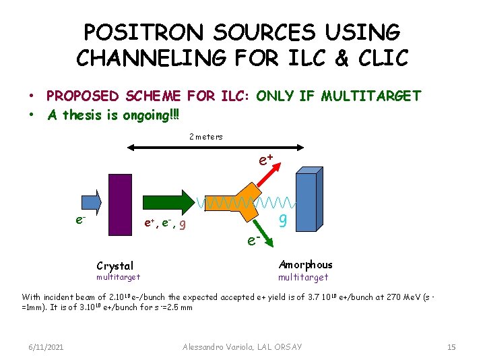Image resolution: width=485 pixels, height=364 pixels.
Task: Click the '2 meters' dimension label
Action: (x=205, y=137)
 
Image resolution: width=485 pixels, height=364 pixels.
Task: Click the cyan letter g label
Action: (x=284, y=219)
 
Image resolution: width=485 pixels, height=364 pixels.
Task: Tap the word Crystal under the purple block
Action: (x=115, y=266)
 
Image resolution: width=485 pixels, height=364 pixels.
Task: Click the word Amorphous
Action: (x=305, y=265)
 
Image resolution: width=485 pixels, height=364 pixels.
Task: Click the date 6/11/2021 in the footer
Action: (x=47, y=346)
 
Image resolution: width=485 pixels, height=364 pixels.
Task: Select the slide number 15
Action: (x=451, y=346)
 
